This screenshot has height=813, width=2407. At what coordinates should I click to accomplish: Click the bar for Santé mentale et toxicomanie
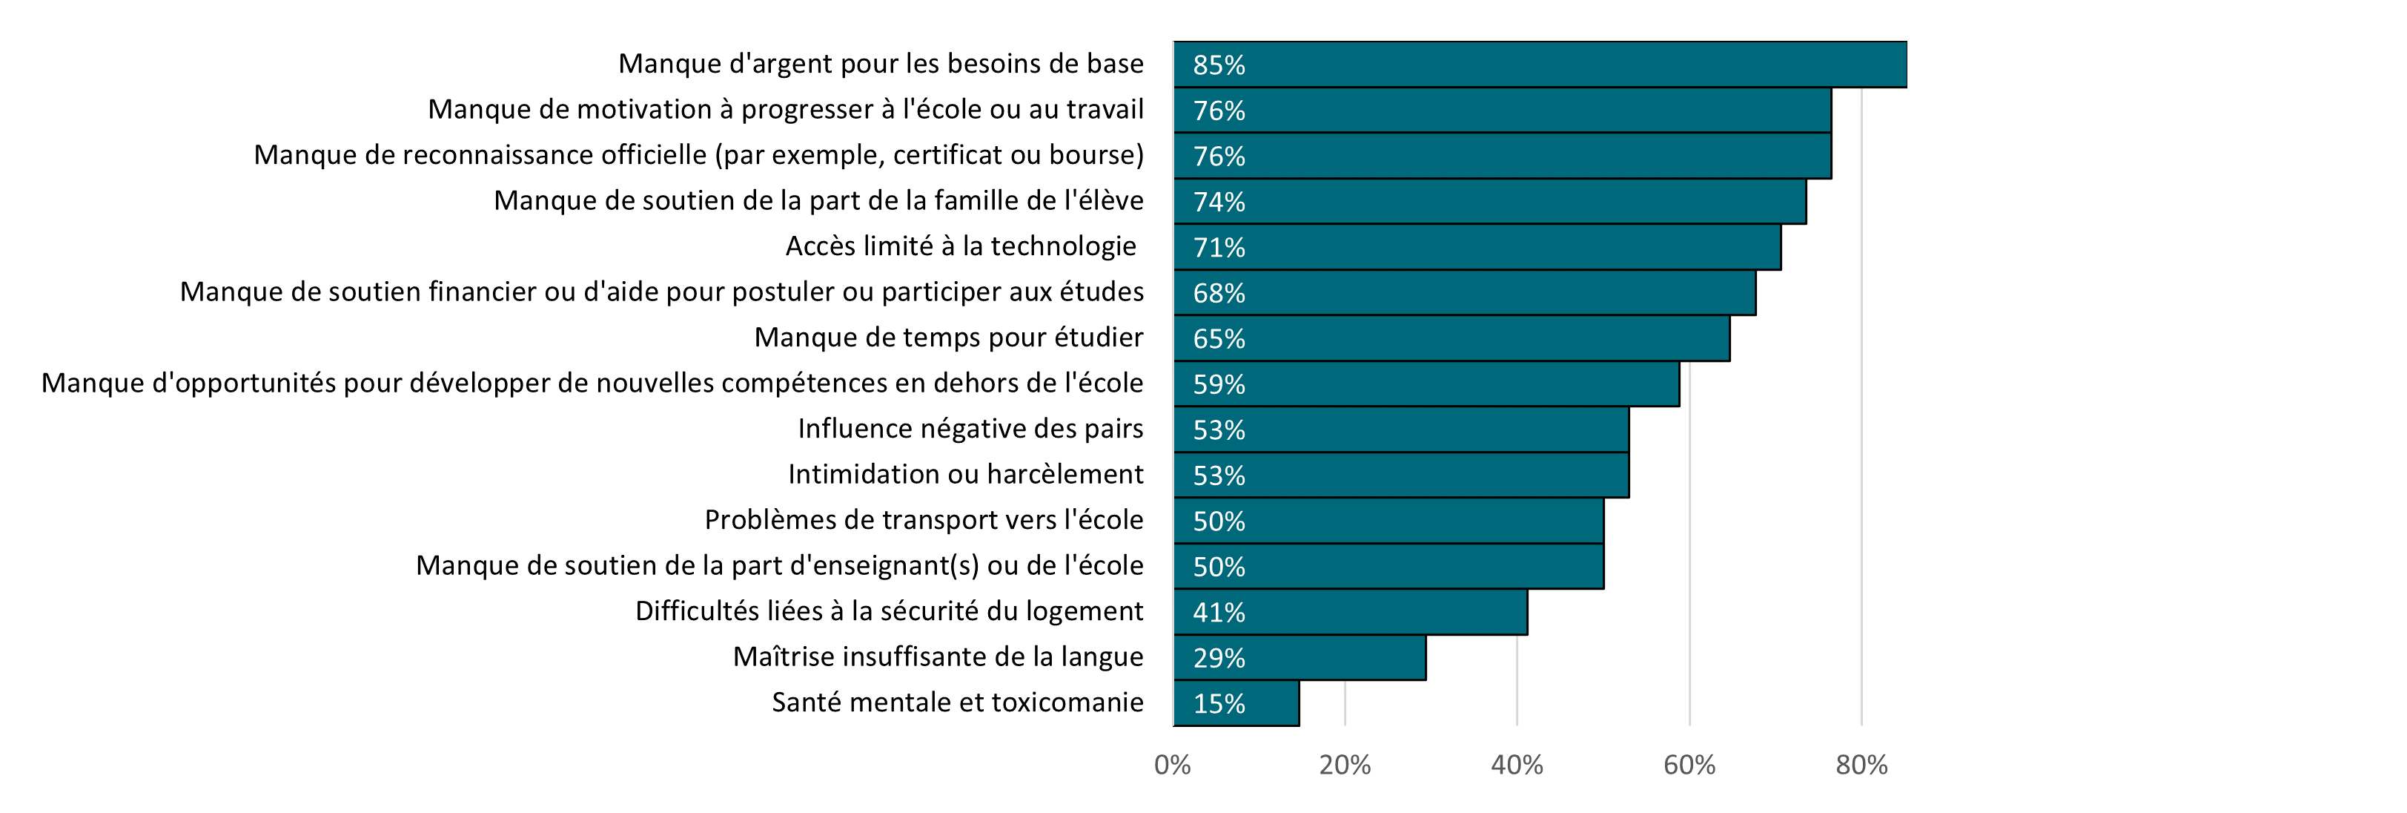[1236, 702]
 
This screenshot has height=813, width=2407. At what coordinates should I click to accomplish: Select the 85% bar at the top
[1540, 65]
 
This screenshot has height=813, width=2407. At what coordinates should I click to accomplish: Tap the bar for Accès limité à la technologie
[1477, 247]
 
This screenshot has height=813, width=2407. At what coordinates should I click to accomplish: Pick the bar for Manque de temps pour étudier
[1452, 338]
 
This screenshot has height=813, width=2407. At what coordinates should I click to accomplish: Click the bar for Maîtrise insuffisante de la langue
[1299, 657]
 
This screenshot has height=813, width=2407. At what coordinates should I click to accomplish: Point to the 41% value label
[1219, 613]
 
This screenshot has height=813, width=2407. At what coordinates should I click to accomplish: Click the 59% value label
[1219, 384]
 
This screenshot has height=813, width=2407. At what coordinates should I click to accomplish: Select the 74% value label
[1219, 202]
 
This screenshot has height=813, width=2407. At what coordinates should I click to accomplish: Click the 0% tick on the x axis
[1172, 766]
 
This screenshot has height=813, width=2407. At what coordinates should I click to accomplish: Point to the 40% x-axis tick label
[1517, 766]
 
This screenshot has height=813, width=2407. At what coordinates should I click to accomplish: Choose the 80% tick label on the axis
[1861, 766]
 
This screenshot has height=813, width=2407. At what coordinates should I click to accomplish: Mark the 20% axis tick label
[1345, 766]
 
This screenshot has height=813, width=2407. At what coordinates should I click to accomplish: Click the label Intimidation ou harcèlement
[965, 474]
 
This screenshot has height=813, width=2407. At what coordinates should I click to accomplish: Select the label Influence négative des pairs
[970, 428]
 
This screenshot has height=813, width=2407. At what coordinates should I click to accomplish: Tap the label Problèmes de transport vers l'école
[923, 519]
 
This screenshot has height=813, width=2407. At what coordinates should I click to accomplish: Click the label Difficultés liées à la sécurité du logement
[889, 611]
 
